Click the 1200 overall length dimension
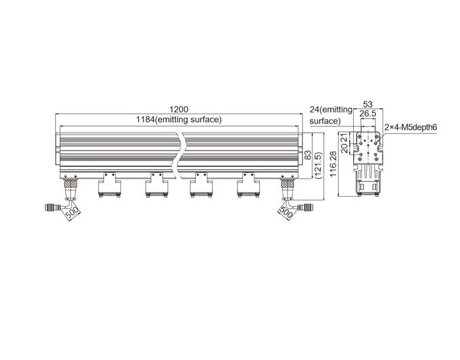179,110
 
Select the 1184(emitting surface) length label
179,120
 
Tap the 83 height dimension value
308,155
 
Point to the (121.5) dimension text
318,165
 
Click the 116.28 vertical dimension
333,164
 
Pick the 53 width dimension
367,104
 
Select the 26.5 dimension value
367,114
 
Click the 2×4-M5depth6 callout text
411,127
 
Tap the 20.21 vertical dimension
345,143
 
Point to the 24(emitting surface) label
331,115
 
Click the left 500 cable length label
72,212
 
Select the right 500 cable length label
286,212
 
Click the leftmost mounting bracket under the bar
110,185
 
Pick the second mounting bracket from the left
157,185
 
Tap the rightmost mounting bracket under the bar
248,185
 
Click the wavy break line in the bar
179,156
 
